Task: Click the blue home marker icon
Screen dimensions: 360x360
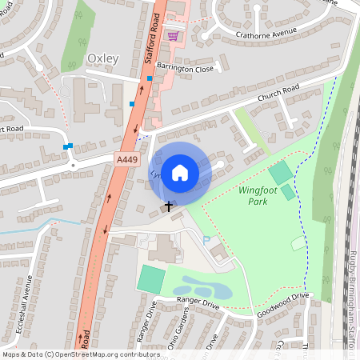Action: pos(180,172)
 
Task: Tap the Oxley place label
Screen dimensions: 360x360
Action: pos(102,58)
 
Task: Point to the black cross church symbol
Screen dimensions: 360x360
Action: pos(168,206)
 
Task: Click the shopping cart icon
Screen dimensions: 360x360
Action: pos(173,36)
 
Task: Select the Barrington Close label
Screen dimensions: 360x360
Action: pos(185,69)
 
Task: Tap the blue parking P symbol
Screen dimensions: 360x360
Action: pos(207,239)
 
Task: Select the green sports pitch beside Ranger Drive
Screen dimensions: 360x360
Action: pos(150,278)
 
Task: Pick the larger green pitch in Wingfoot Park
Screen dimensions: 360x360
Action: pos(280,172)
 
